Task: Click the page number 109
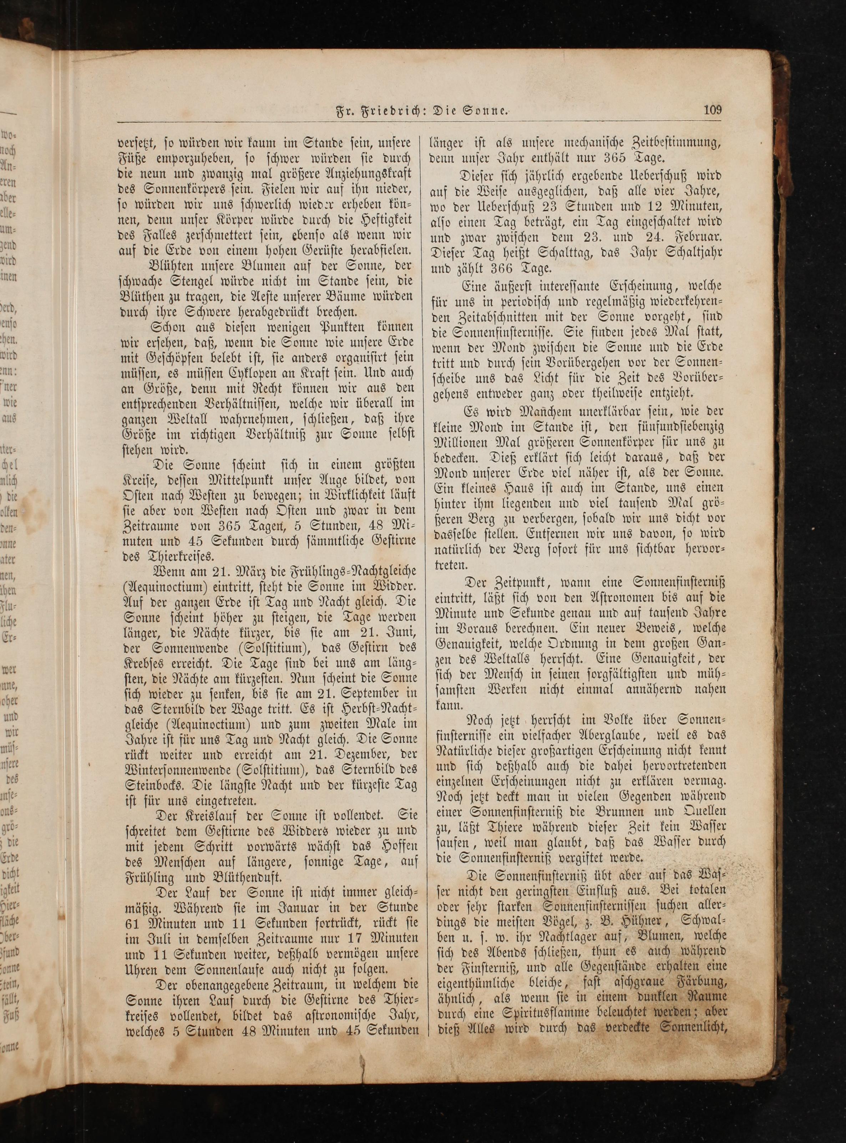click(x=712, y=110)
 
